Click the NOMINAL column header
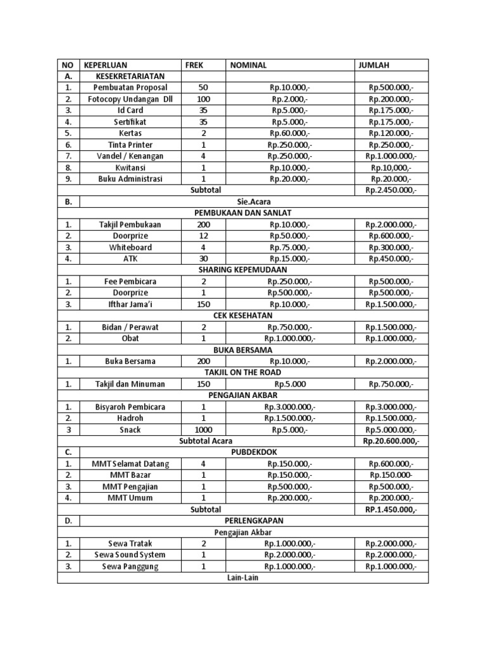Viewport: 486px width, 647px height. click(x=248, y=64)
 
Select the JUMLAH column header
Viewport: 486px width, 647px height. click(x=375, y=64)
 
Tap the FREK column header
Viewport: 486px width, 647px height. click(x=194, y=64)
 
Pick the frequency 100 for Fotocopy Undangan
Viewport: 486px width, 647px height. click(x=202, y=99)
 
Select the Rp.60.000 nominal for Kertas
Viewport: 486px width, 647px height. click(x=289, y=133)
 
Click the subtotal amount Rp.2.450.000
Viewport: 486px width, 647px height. click(x=391, y=190)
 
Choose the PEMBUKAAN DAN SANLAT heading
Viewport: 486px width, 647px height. click(x=242, y=213)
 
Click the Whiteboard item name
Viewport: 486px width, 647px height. click(x=130, y=247)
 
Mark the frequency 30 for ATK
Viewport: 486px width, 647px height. click(x=202, y=258)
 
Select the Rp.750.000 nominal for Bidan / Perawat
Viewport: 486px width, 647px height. click(x=289, y=327)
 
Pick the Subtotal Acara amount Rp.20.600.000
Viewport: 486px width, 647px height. click(x=391, y=441)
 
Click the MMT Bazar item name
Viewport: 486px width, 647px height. click(x=130, y=475)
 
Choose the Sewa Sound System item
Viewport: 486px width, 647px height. click(x=134, y=555)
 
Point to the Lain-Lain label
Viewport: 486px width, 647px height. click(x=242, y=577)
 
